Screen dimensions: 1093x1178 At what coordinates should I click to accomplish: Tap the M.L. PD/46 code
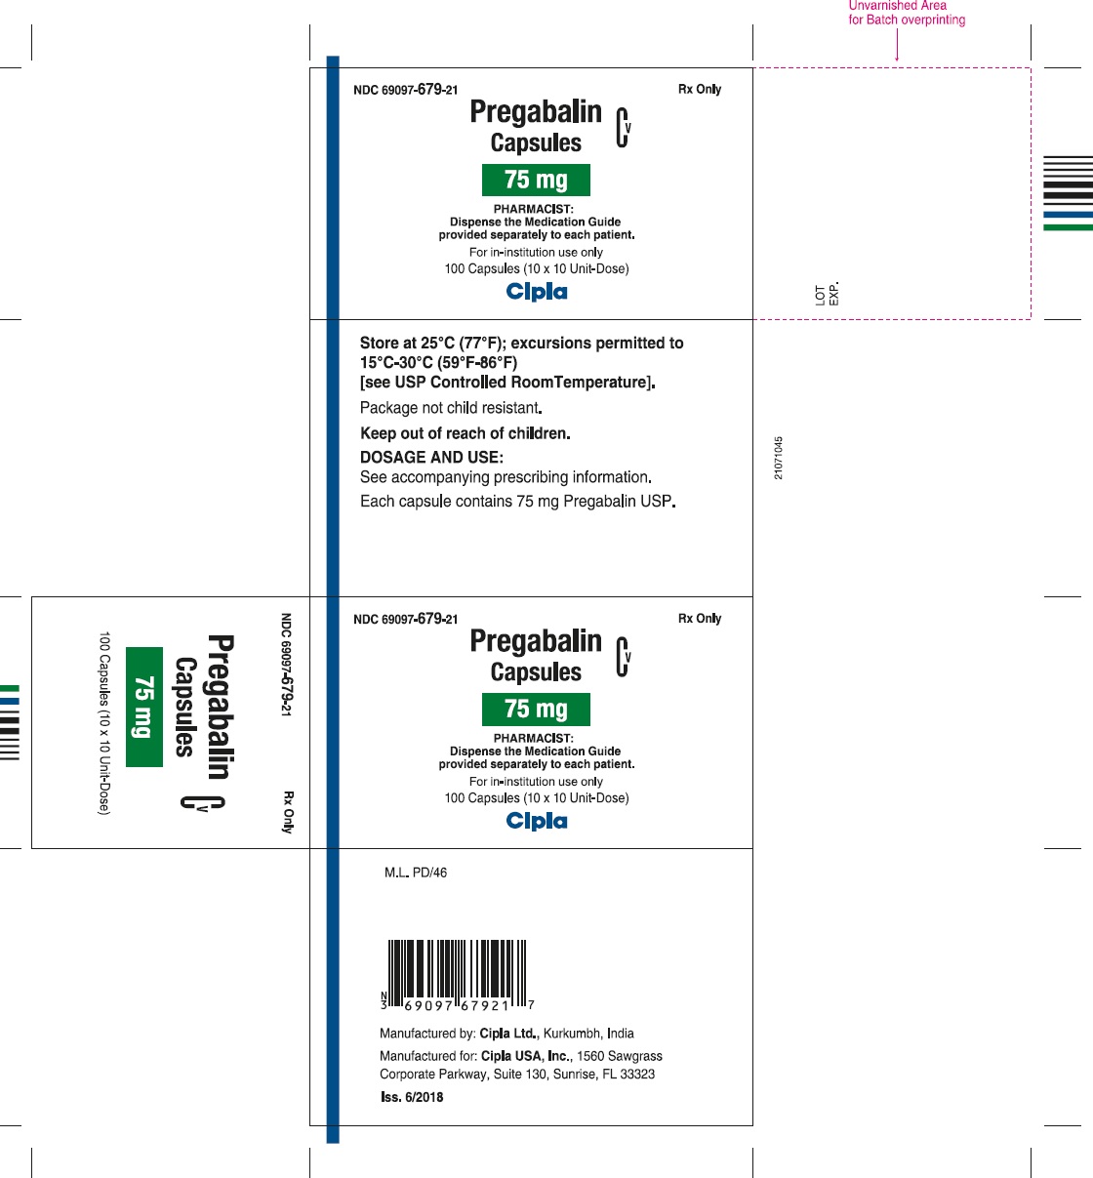416,873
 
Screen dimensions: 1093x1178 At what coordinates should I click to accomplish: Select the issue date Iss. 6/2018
412,1097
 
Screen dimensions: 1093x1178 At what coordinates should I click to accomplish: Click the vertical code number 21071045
778,458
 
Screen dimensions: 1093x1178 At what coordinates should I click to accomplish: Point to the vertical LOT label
821,296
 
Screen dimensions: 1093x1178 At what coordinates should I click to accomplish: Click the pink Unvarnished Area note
907,13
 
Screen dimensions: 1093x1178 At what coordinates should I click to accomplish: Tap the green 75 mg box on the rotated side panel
144,707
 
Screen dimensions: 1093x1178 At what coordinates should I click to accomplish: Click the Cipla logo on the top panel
537,291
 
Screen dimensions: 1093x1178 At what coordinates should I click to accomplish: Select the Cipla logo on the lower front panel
537,821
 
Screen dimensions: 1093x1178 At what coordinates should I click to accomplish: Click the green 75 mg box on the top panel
536,180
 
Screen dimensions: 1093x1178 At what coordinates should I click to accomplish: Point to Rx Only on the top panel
700,89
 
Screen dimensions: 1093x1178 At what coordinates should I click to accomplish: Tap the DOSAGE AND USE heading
431,458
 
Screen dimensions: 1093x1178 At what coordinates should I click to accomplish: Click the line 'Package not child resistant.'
451,408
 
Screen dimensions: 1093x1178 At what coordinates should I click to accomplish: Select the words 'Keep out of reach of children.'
466,433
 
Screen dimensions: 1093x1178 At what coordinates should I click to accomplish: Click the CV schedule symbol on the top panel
623,127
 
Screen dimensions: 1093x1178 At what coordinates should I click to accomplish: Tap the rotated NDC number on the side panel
286,665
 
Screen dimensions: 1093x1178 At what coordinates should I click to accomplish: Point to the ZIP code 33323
637,1075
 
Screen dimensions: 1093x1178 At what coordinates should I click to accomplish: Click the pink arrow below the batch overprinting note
897,45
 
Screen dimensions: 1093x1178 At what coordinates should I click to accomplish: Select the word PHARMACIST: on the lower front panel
534,739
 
